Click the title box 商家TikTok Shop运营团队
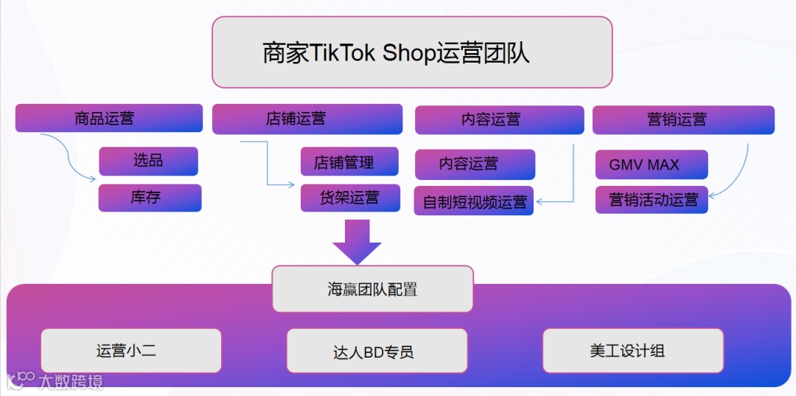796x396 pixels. (412, 52)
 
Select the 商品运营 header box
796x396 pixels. (109, 118)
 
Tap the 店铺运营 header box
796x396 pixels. (307, 119)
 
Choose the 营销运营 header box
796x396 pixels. (683, 119)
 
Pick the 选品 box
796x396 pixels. (148, 161)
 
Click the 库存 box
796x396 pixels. (150, 198)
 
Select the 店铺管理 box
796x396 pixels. (349, 161)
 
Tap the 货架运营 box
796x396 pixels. (349, 198)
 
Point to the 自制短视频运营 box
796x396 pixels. (475, 201)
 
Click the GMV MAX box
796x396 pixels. (651, 164)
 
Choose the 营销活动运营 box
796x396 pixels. (652, 199)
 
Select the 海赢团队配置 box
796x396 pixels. (372, 288)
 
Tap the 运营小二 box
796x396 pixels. (131, 350)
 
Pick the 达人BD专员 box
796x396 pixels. (377, 351)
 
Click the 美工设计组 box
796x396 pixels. (632, 350)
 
